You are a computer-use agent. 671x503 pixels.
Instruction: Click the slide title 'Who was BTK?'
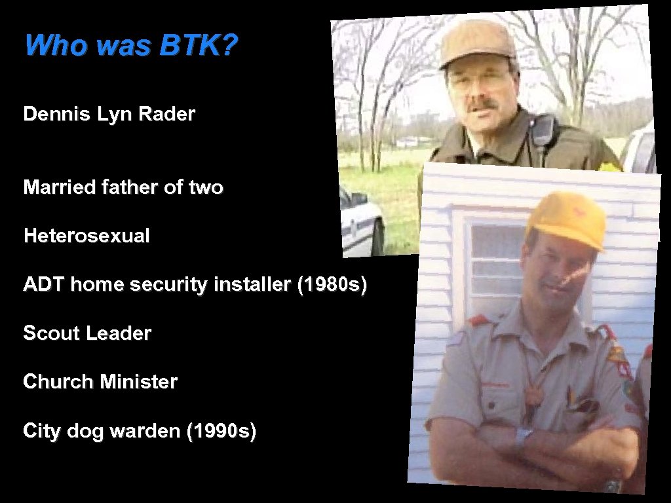132,46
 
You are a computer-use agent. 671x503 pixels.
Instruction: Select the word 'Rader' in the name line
172,115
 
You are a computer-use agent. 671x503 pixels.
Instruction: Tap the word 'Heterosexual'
86,236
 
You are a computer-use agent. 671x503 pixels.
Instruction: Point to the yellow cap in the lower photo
567,219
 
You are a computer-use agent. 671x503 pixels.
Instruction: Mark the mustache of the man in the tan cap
481,105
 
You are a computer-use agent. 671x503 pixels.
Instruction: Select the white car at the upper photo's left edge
360,223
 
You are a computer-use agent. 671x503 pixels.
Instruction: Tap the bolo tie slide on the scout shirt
534,396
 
